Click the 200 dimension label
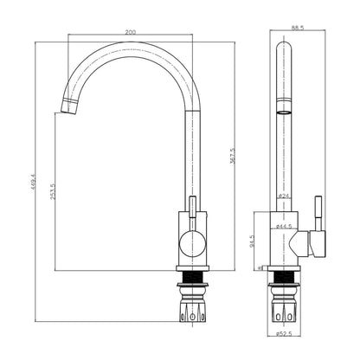point(131,31)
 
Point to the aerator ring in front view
point(283,112)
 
